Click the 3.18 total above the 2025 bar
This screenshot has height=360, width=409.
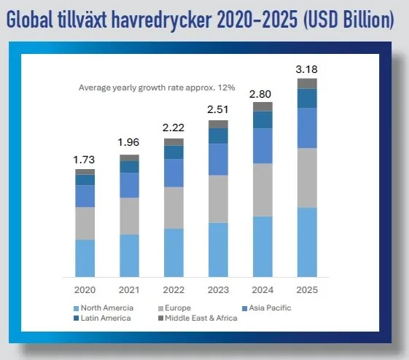coord(306,69)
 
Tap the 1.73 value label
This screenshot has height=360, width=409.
coord(84,160)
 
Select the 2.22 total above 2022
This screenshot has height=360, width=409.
coord(174,128)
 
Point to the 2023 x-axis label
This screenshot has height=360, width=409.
coord(218,290)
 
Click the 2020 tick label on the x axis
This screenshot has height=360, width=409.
coord(85,290)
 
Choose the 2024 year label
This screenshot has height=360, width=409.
coord(262,290)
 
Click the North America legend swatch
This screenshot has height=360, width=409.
coord(76,309)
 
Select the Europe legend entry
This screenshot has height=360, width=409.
coord(174,308)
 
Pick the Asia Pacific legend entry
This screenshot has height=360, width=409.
coord(267,308)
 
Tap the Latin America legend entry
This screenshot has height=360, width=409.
coord(102,318)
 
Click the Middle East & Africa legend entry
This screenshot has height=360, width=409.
coord(198,318)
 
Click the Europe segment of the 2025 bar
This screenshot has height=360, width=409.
coord(307,178)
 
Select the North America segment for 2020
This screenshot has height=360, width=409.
coord(85,258)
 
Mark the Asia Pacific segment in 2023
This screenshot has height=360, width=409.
coord(218,160)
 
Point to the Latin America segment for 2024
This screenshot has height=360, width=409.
coord(262,120)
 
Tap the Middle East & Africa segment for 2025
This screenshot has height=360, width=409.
coord(307,83)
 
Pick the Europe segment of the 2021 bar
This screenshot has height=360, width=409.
coord(129,216)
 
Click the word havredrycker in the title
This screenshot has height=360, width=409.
coord(161,20)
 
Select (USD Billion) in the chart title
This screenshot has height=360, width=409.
coord(348,20)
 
